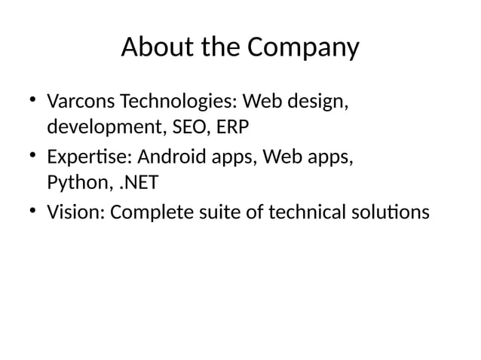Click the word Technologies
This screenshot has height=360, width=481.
[x=176, y=101]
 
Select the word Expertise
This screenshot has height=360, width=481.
[x=87, y=158]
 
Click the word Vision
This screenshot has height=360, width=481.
[x=75, y=213]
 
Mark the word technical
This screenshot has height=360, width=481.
[x=302, y=213]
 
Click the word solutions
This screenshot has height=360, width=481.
[x=390, y=213]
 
